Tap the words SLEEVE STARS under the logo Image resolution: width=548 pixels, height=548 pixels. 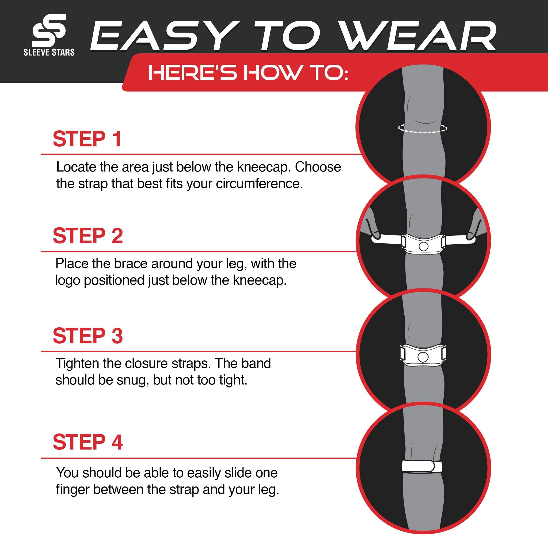click(x=49, y=52)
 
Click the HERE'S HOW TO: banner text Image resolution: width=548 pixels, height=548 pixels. click(x=248, y=73)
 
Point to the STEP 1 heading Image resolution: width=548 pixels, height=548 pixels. click(x=87, y=139)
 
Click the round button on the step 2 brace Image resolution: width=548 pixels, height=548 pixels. click(x=424, y=246)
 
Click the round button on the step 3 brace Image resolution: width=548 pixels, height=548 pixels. click(x=423, y=357)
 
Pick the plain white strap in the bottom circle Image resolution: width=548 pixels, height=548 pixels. click(x=422, y=467)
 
